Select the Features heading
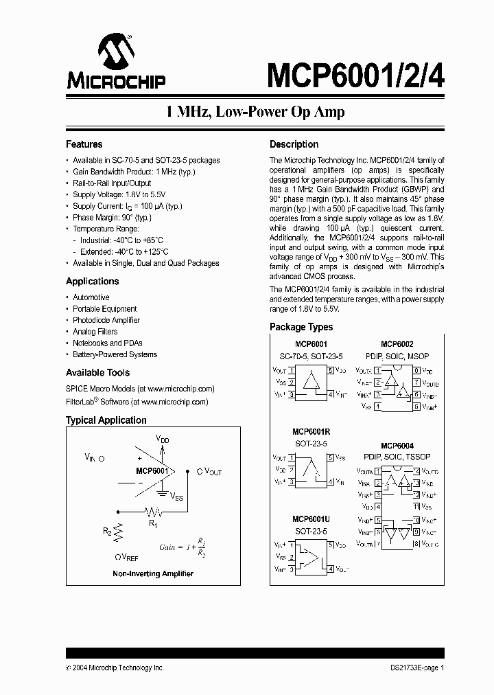(x=84, y=144)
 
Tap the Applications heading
(x=92, y=281)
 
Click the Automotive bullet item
(x=91, y=297)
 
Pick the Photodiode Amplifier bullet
(x=106, y=320)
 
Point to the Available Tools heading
(x=97, y=372)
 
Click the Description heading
(x=294, y=144)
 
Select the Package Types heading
(x=301, y=327)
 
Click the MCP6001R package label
(x=311, y=431)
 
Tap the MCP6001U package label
(x=311, y=519)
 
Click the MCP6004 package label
(x=397, y=446)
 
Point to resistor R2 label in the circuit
(x=107, y=531)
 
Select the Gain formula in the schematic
(x=181, y=547)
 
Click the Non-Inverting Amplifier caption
(x=153, y=573)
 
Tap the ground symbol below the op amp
(x=162, y=492)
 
